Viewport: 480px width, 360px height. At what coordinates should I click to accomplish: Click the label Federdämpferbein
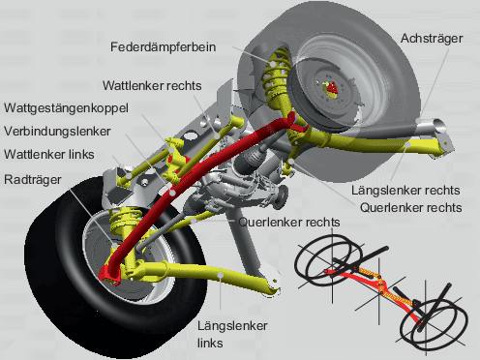click(x=163, y=47)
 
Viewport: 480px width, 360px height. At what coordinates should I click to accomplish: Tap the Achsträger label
click(x=432, y=39)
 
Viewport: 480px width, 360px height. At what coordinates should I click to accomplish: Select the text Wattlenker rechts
click(x=152, y=86)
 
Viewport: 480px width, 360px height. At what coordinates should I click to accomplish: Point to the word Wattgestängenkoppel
click(x=66, y=108)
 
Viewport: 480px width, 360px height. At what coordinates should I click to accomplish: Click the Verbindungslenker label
click(x=57, y=132)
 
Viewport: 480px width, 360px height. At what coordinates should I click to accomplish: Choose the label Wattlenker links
click(x=49, y=155)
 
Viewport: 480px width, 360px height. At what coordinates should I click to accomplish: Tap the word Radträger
click(x=33, y=180)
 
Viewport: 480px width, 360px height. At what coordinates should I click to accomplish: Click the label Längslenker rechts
click(x=405, y=191)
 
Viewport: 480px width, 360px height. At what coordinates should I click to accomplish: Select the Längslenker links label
click(x=232, y=334)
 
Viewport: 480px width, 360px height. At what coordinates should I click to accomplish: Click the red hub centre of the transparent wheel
click(x=332, y=87)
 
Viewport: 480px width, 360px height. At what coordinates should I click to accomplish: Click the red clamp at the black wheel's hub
click(x=109, y=274)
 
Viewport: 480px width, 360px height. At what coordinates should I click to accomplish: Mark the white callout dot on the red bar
click(x=173, y=193)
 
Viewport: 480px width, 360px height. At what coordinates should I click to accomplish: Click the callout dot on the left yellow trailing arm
click(x=221, y=275)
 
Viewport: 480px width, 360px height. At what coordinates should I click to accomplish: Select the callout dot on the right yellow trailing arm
click(x=408, y=144)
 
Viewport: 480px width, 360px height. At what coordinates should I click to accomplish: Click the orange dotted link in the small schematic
click(x=382, y=285)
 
